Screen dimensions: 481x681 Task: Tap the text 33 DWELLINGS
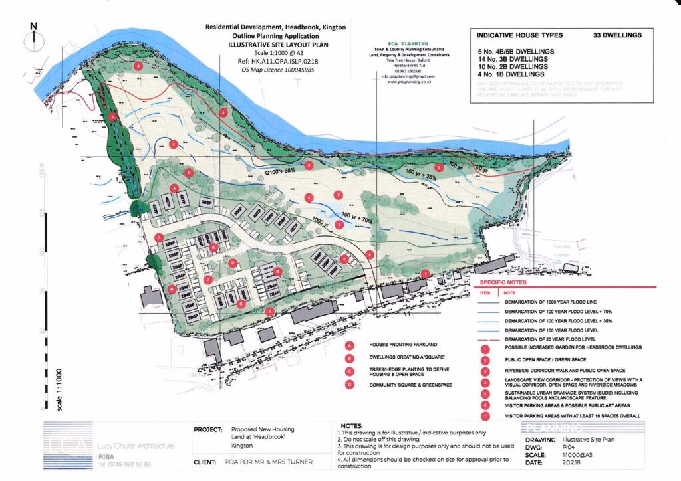click(x=618, y=35)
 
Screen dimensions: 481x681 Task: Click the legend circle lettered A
click(x=349, y=345)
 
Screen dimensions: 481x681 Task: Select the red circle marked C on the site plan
click(x=189, y=172)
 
